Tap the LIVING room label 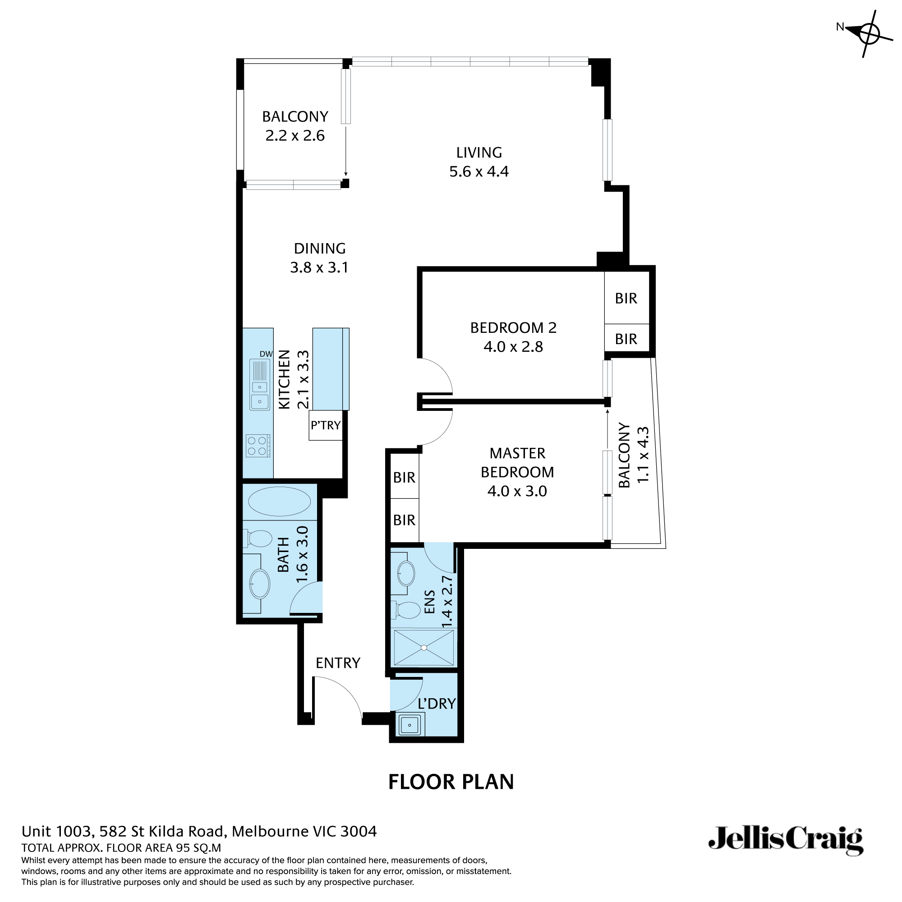(479, 153)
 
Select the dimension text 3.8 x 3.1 (319, 267)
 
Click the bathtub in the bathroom (279, 502)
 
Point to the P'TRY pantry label (326, 425)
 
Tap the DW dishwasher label (266, 354)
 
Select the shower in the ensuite (423, 648)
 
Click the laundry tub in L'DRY (410, 725)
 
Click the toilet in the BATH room (258, 538)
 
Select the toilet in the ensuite (408, 610)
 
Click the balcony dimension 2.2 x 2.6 (295, 136)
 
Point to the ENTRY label (338, 663)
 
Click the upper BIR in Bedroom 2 (626, 298)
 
